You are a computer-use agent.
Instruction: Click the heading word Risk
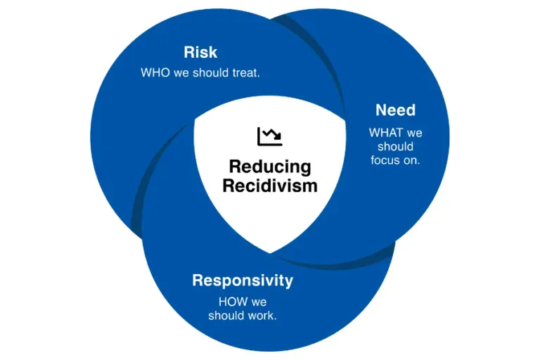[200, 52]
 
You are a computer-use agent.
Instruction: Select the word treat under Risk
[246, 72]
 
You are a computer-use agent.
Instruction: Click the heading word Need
[395, 110]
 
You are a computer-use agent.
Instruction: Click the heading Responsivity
[243, 281]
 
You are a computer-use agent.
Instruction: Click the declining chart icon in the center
[270, 136]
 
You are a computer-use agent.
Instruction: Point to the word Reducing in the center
[270, 167]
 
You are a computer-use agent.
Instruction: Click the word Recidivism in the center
[270, 186]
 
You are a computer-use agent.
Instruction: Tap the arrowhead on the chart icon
[278, 137]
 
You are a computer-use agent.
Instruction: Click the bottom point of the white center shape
[270, 254]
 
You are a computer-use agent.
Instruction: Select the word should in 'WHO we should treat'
[211, 72]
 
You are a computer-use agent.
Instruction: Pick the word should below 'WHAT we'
[395, 146]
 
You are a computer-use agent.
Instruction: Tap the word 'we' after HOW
[259, 302]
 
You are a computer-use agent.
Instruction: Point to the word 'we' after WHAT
[414, 134]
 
